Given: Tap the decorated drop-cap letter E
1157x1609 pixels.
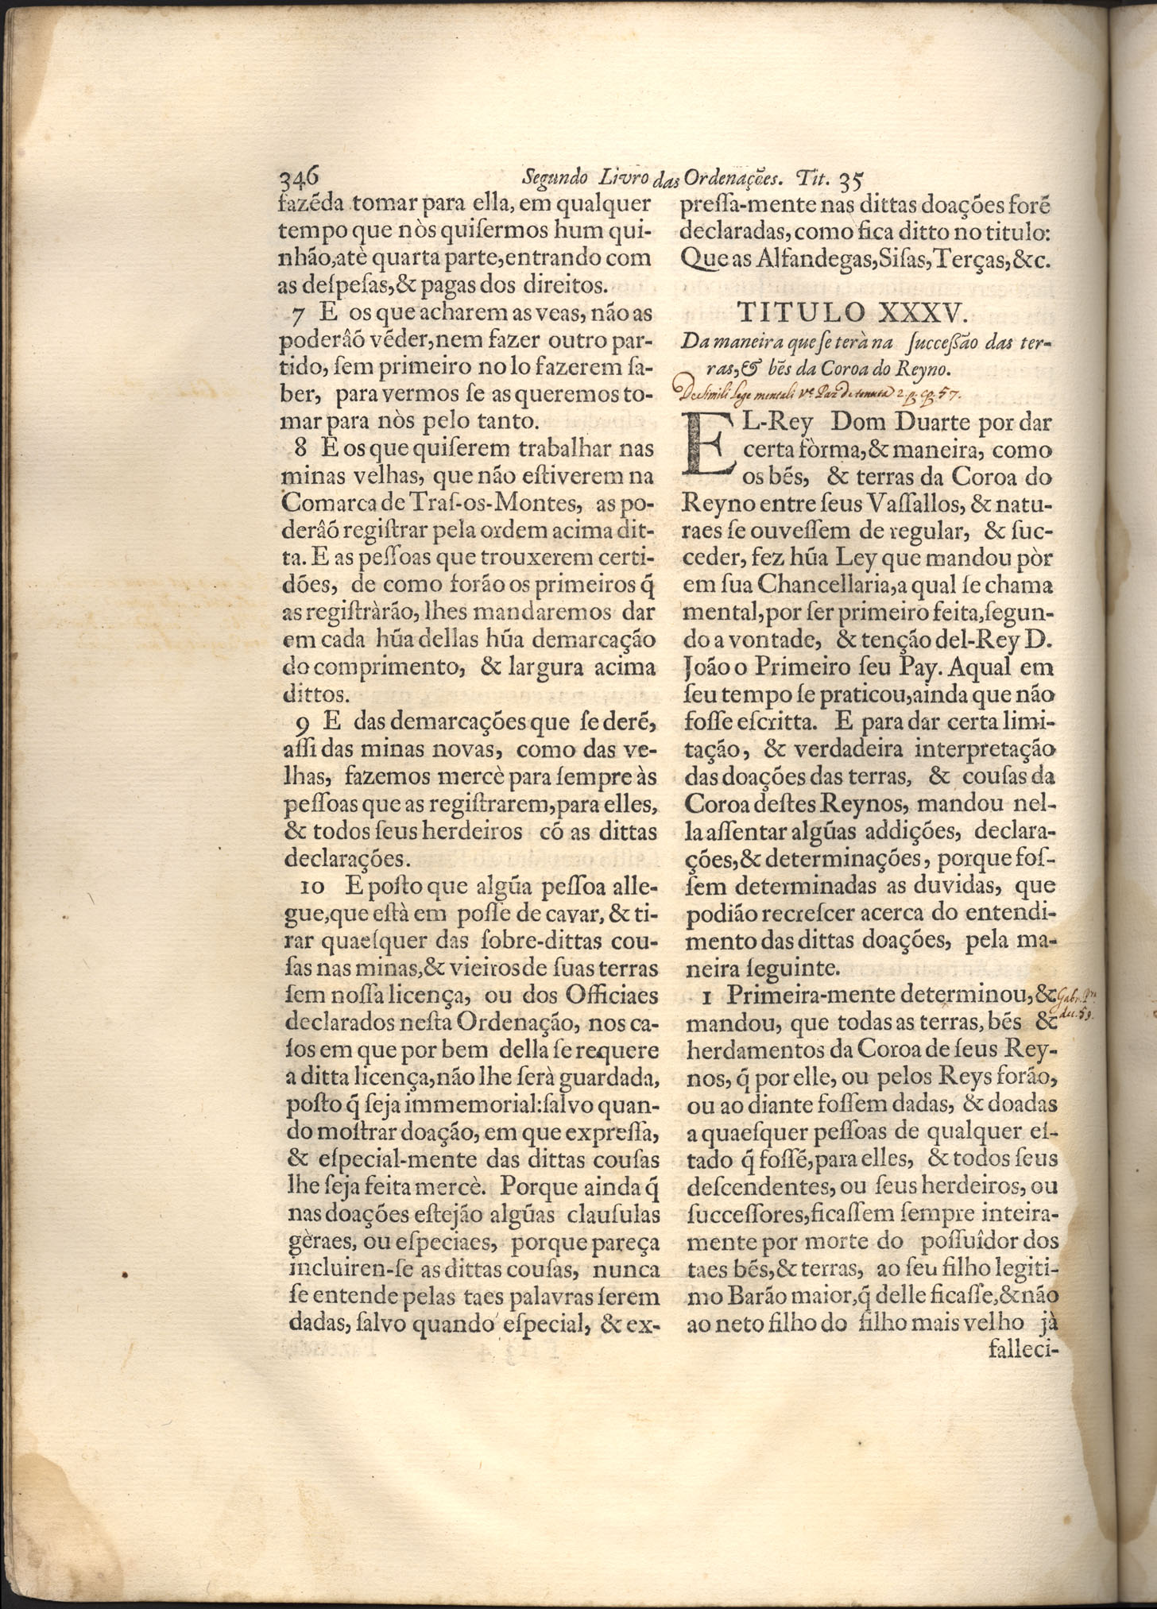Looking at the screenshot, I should (708, 447).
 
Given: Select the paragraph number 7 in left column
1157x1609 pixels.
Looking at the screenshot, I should (296, 314).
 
